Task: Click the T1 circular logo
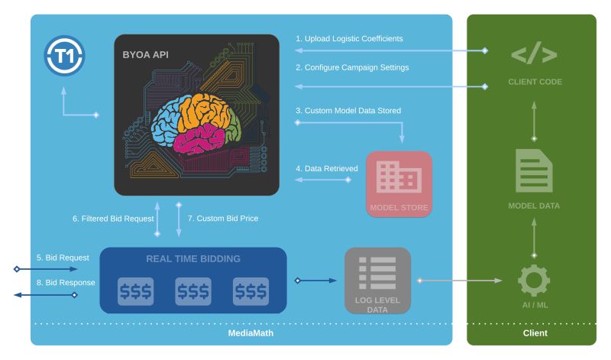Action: tap(65, 57)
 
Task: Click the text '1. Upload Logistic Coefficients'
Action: tap(349, 39)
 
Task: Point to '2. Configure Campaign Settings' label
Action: tap(352, 67)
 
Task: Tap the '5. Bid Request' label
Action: tap(63, 258)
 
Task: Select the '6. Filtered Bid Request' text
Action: tap(112, 219)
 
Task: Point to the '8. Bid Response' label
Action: tap(66, 283)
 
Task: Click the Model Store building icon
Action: tap(399, 179)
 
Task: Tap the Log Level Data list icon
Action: tap(377, 273)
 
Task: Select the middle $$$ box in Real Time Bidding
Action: tap(193, 291)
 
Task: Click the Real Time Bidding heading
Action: tap(193, 258)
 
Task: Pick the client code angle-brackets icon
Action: tap(534, 55)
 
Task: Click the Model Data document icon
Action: tap(534, 170)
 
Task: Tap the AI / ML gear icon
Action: tap(534, 280)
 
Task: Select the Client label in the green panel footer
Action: tap(535, 333)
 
